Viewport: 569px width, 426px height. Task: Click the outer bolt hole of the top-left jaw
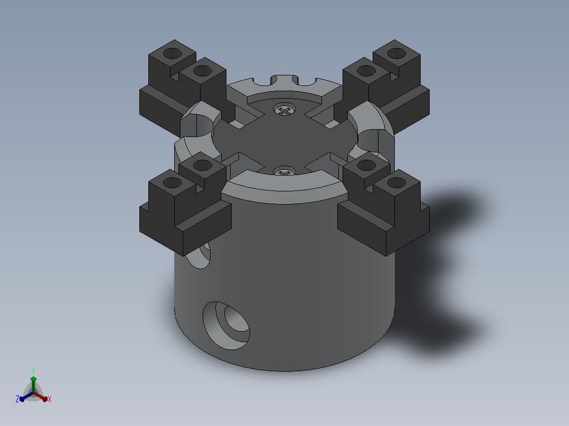173,53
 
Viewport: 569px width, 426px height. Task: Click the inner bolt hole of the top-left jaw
203,71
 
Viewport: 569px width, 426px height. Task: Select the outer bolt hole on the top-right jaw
396,53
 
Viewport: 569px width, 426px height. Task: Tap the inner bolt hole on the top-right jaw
366,71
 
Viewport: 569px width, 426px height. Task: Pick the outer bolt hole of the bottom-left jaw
173,183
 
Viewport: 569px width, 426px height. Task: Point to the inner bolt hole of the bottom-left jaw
203,166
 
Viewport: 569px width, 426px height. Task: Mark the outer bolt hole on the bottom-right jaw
396,183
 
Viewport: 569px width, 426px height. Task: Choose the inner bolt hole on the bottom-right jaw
366,166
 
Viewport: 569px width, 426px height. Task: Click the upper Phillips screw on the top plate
284,110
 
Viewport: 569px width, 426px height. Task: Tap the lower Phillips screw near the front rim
284,171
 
